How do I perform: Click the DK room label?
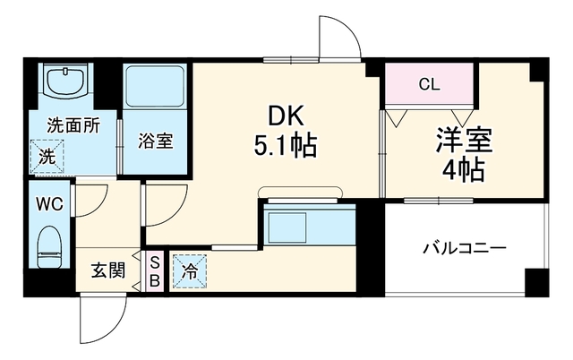[x=286, y=117]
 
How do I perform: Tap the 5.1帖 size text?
[x=285, y=146]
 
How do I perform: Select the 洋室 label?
[x=464, y=140]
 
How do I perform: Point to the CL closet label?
[x=429, y=85]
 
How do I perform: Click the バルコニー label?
[x=465, y=249]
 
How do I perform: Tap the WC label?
[x=49, y=204]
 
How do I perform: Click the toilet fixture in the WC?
[x=49, y=246]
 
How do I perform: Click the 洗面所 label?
[x=73, y=126]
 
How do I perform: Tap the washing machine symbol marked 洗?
[x=47, y=157]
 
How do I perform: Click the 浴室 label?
[x=155, y=141]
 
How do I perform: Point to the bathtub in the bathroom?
[x=155, y=86]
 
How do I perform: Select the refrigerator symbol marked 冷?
[x=190, y=271]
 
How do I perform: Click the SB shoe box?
[x=155, y=271]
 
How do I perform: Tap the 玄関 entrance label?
[x=108, y=271]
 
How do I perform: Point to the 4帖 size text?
[x=464, y=169]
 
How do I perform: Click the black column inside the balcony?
[x=536, y=281]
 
